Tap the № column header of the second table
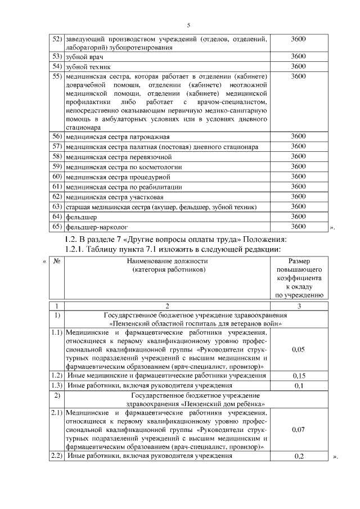click(x=56, y=262)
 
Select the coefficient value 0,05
click(x=299, y=349)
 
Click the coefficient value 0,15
click(x=299, y=375)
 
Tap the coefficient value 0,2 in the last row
click(x=299, y=456)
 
